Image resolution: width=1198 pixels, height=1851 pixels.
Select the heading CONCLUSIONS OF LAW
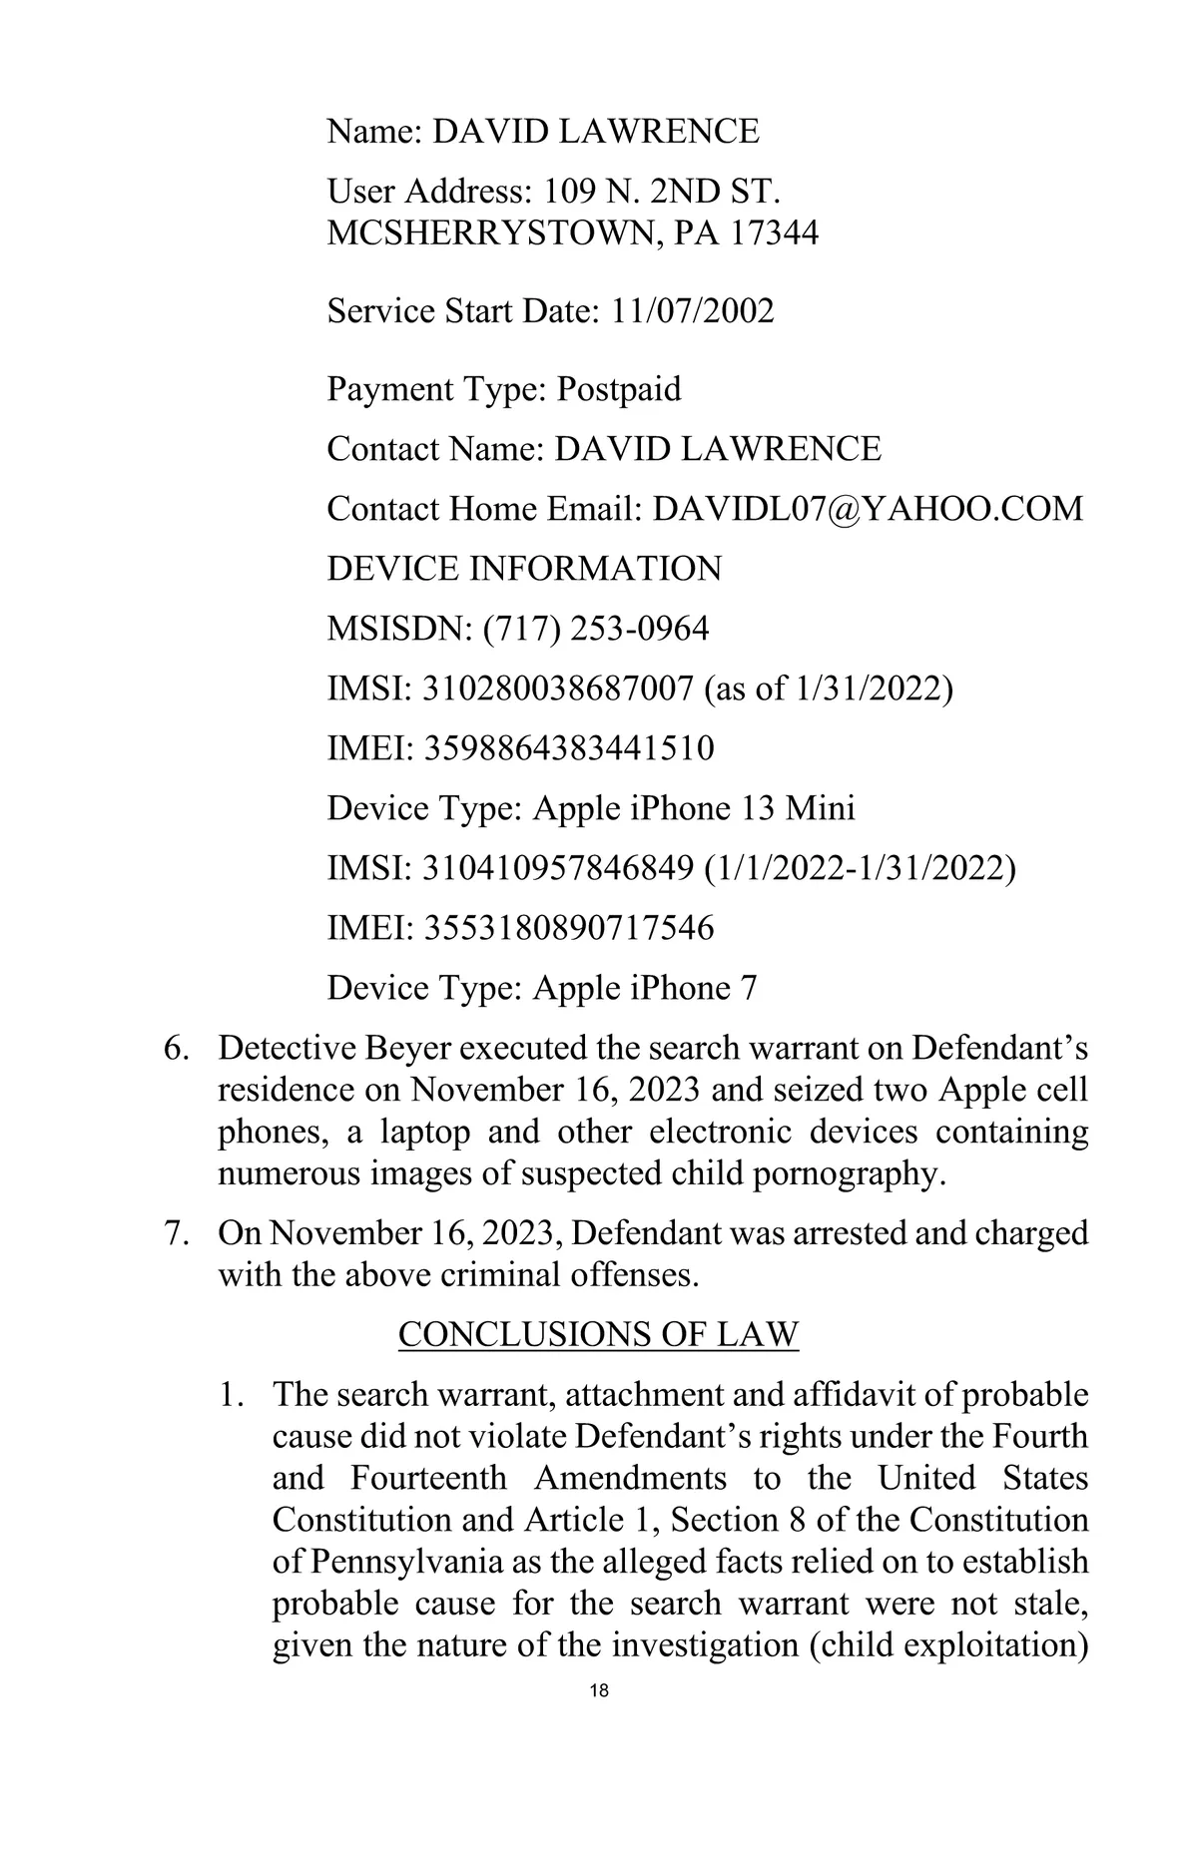(x=599, y=1334)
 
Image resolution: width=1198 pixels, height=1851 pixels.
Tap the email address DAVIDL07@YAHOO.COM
(x=868, y=509)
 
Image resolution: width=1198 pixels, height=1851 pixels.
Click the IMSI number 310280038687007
(x=559, y=689)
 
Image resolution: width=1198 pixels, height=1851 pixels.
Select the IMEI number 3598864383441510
(x=570, y=748)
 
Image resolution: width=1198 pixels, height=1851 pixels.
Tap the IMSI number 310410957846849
(x=559, y=868)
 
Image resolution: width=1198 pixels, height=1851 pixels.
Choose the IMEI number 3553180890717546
(x=570, y=928)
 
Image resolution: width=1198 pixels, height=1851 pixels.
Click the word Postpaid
(x=619, y=389)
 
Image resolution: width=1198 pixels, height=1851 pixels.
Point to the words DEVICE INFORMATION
(x=524, y=569)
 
